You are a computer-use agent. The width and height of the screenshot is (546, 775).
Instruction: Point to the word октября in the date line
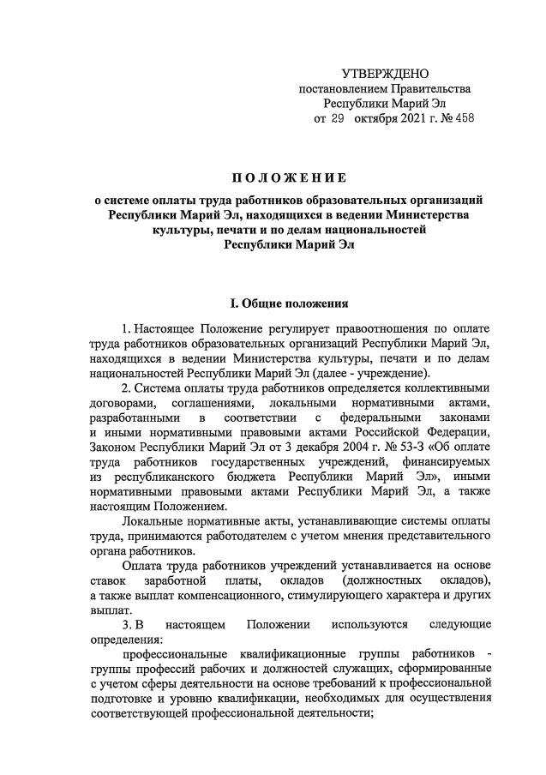click(x=375, y=118)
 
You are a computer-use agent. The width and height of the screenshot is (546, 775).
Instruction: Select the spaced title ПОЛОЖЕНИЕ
click(x=289, y=178)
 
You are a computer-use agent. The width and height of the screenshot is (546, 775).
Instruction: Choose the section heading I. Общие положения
click(x=289, y=303)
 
